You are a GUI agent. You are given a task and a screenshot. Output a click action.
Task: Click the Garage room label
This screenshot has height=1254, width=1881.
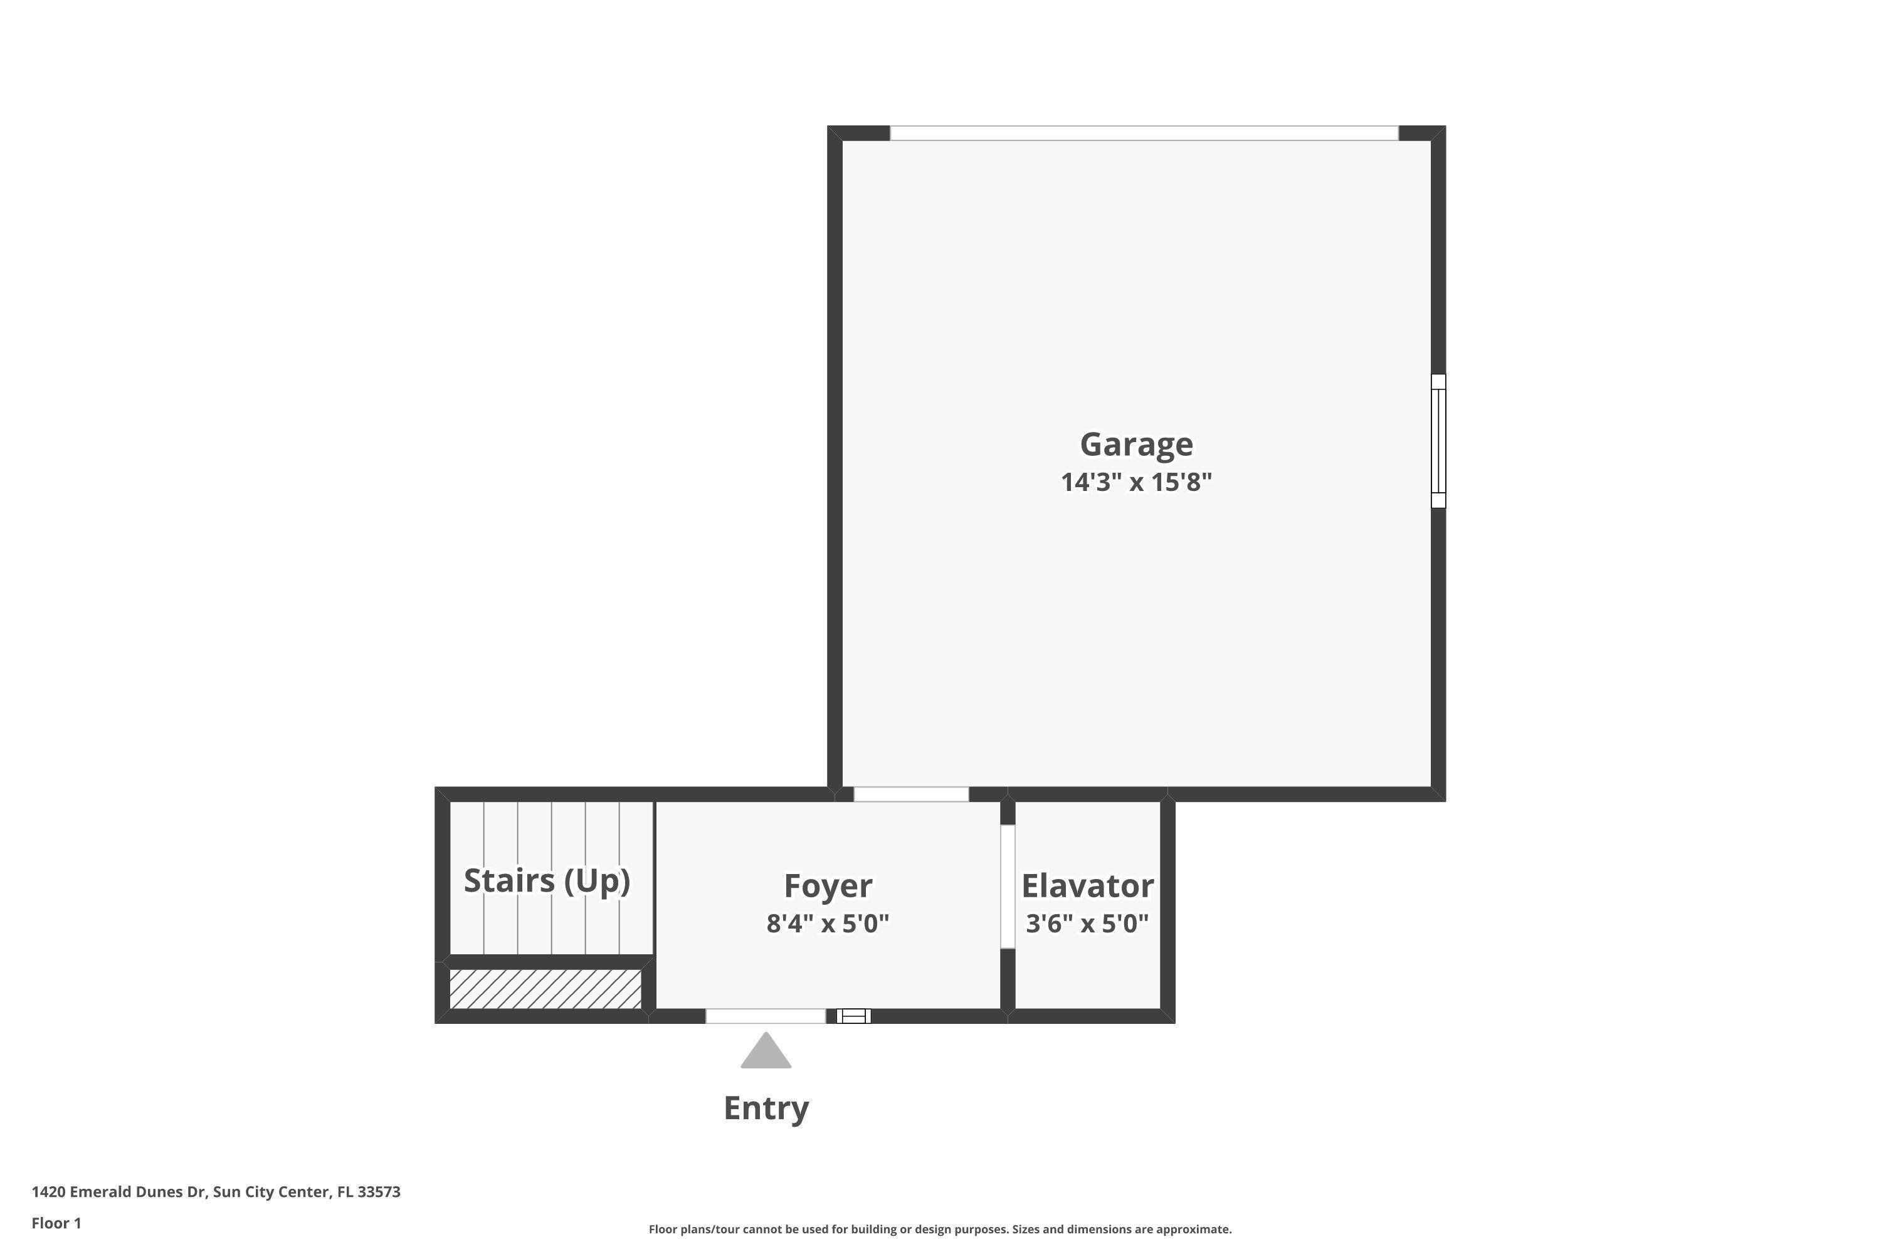pyautogui.click(x=1135, y=444)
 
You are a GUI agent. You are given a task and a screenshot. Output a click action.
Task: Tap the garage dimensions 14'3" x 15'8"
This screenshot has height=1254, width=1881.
pyautogui.click(x=1135, y=482)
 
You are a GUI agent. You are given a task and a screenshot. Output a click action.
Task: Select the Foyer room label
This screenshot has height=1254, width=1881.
pyautogui.click(x=827, y=886)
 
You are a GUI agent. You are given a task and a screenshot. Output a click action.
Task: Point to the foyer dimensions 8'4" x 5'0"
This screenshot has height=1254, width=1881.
pyautogui.click(x=827, y=924)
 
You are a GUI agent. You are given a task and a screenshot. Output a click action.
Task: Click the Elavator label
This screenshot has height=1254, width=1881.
pyautogui.click(x=1087, y=886)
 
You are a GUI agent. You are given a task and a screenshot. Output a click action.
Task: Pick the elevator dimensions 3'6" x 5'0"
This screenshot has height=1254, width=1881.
pyautogui.click(x=1087, y=924)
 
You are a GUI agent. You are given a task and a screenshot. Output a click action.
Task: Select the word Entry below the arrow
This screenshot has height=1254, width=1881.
pyautogui.click(x=766, y=1109)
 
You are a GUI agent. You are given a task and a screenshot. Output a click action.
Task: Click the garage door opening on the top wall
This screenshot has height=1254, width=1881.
pyautogui.click(x=1144, y=133)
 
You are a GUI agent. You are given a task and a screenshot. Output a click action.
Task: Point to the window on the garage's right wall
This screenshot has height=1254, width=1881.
pyautogui.click(x=1438, y=441)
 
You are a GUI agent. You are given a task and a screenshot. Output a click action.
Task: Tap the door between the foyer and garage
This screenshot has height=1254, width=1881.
pyautogui.click(x=911, y=794)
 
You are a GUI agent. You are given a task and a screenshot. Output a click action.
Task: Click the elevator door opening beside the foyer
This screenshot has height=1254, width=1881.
pyautogui.click(x=1008, y=886)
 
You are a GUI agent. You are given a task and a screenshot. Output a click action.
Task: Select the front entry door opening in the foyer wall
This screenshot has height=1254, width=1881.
pyautogui.click(x=766, y=1016)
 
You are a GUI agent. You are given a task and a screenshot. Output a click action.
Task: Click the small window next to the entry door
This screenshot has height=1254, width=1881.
pyautogui.click(x=853, y=1016)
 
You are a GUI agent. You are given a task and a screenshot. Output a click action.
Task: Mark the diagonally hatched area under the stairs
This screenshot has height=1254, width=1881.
pyautogui.click(x=545, y=989)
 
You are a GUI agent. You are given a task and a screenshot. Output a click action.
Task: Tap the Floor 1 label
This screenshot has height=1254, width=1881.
pyautogui.click(x=56, y=1223)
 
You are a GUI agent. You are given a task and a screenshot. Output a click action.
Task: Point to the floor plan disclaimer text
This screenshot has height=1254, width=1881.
pyautogui.click(x=940, y=1229)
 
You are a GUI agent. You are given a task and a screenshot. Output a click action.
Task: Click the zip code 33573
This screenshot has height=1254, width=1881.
pyautogui.click(x=379, y=1192)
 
